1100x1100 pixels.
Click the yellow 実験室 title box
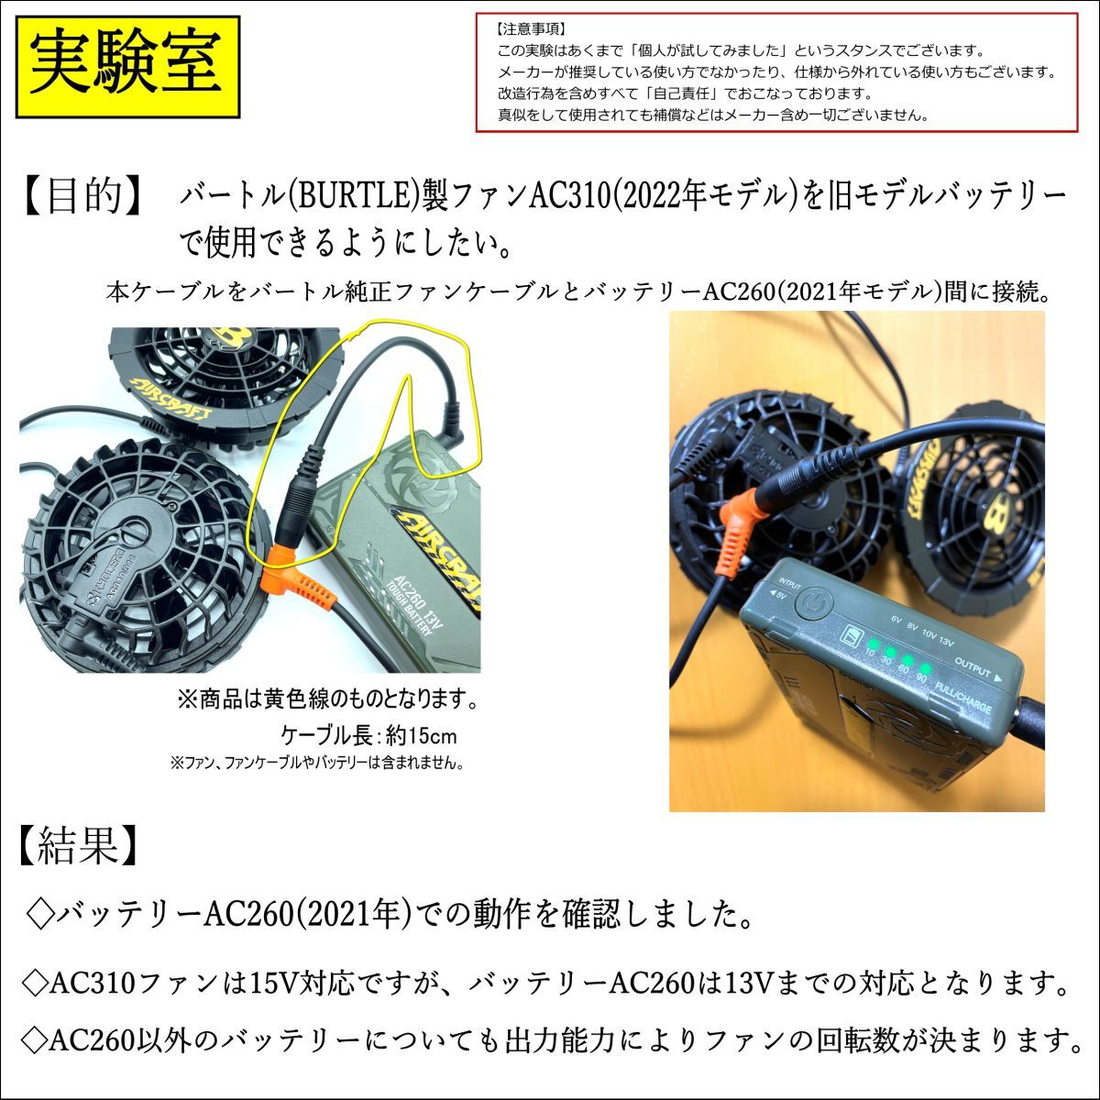[x=127, y=67]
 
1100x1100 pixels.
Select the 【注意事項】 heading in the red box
[x=531, y=29]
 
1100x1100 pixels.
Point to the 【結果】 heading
[x=78, y=845]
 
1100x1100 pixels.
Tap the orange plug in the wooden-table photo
[x=743, y=522]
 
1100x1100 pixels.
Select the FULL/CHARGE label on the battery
[x=962, y=698]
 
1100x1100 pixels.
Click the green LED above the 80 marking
[x=925, y=668]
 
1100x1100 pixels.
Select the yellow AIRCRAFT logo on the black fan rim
[x=170, y=398]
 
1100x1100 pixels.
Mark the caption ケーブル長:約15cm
[x=368, y=736]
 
